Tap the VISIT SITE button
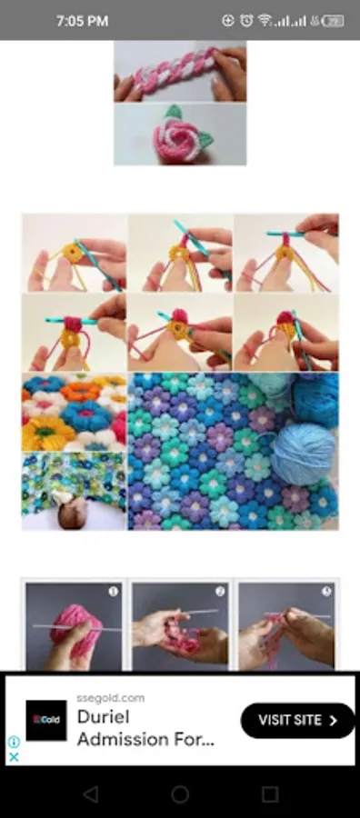point(297,720)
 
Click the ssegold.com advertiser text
point(111,698)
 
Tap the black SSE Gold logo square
point(45,720)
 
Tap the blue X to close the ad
point(14,756)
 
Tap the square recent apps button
point(270,794)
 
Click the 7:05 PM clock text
point(82,20)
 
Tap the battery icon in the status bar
point(333,20)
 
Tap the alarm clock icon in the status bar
point(246,20)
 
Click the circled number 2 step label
point(220,591)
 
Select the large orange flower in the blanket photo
point(46,434)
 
